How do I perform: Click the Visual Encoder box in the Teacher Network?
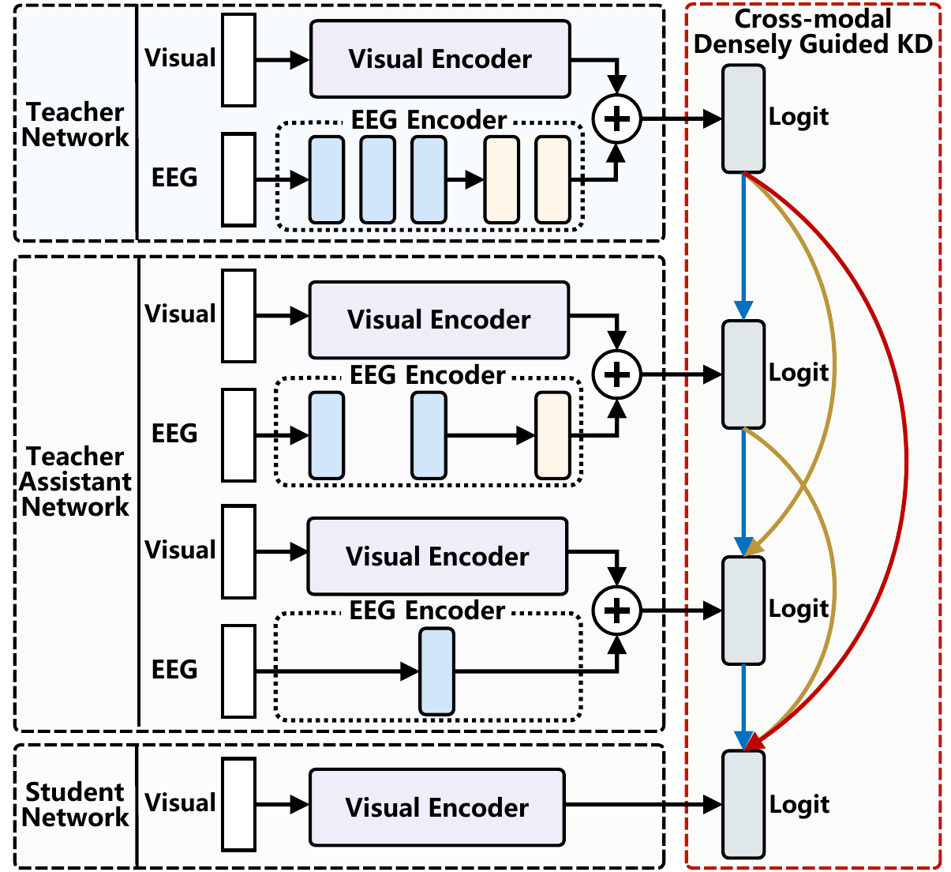click(x=440, y=59)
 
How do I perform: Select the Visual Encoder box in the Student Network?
click(x=436, y=807)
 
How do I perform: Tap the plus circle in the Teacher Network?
click(x=617, y=119)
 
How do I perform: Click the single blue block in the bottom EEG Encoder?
click(x=437, y=671)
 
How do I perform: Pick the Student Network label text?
click(x=75, y=804)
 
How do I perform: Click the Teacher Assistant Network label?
click(x=75, y=481)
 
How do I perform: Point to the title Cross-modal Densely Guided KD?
click(x=813, y=32)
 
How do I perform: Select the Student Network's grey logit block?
click(x=743, y=804)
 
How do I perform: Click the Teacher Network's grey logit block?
click(x=743, y=118)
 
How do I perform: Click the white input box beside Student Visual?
click(x=238, y=804)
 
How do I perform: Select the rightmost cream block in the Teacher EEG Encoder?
click(x=552, y=179)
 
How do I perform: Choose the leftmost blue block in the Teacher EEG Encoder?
click(x=326, y=179)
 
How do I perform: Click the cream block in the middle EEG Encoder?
click(x=552, y=435)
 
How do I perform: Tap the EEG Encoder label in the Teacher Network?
click(x=429, y=120)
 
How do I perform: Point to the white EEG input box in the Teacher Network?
click(x=238, y=179)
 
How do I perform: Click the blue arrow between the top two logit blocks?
click(x=743, y=245)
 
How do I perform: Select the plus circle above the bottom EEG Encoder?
click(x=617, y=611)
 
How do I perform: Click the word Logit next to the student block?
click(x=799, y=804)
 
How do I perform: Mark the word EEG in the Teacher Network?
click(x=174, y=178)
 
